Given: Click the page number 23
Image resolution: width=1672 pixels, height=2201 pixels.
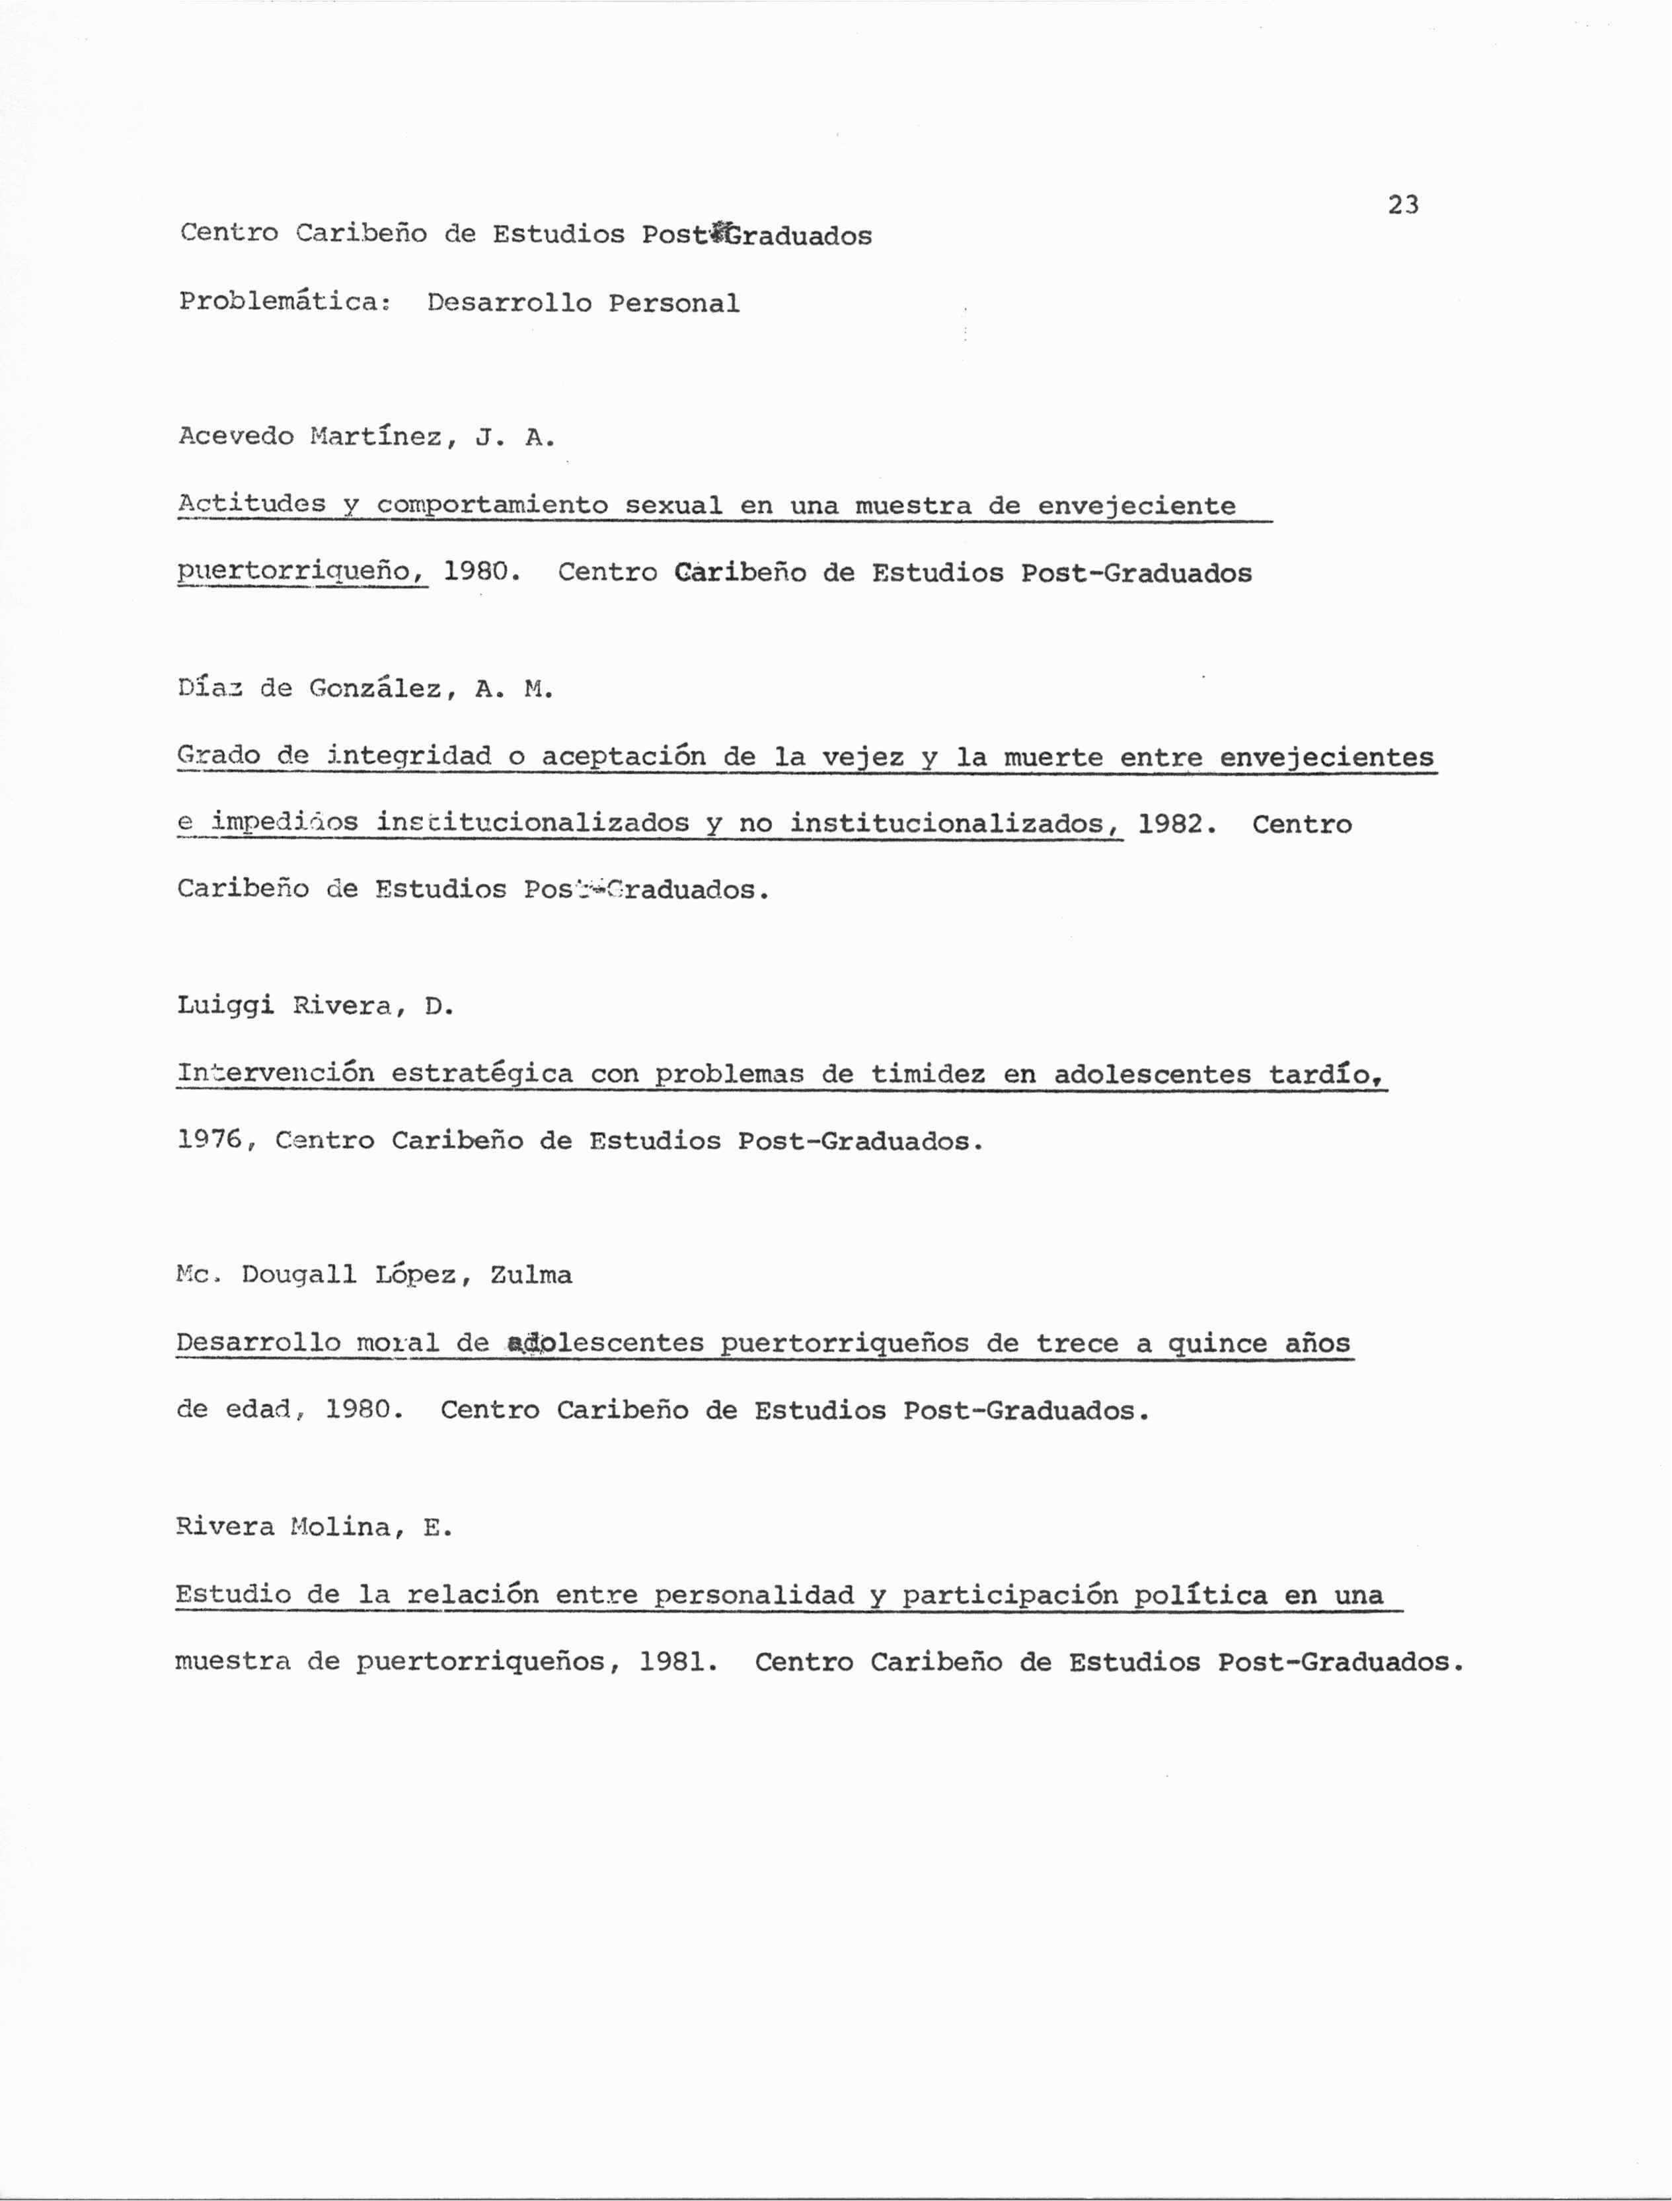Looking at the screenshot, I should (1402, 204).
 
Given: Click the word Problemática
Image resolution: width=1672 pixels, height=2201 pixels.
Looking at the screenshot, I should (284, 303).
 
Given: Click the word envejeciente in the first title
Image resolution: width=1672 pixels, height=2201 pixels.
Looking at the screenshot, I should (1137, 506).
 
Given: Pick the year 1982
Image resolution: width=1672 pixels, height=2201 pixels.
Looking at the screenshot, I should (1176, 824).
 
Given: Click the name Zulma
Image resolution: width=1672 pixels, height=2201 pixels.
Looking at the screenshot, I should (531, 1275).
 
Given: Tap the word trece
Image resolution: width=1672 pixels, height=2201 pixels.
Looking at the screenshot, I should (1077, 1344).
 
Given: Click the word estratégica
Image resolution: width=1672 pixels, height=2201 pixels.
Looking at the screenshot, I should (482, 1074).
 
